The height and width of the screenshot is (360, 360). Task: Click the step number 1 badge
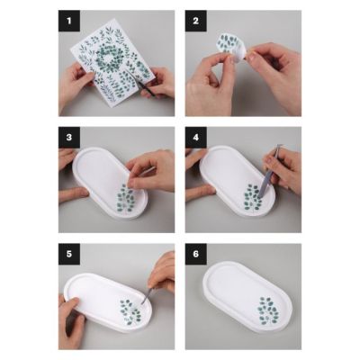point(69,21)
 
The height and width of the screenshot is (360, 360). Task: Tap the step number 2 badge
point(196,21)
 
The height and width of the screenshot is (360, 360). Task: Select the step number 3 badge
point(69,138)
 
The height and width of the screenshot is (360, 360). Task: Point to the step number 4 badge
point(196,138)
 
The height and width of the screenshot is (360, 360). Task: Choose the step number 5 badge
point(69,254)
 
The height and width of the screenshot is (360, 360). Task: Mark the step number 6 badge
point(196,254)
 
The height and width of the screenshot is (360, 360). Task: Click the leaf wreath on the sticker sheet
point(109,57)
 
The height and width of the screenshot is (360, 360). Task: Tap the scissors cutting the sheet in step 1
point(147,87)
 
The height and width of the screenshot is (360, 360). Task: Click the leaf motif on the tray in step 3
point(125,198)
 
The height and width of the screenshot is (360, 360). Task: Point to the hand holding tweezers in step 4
point(284,169)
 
